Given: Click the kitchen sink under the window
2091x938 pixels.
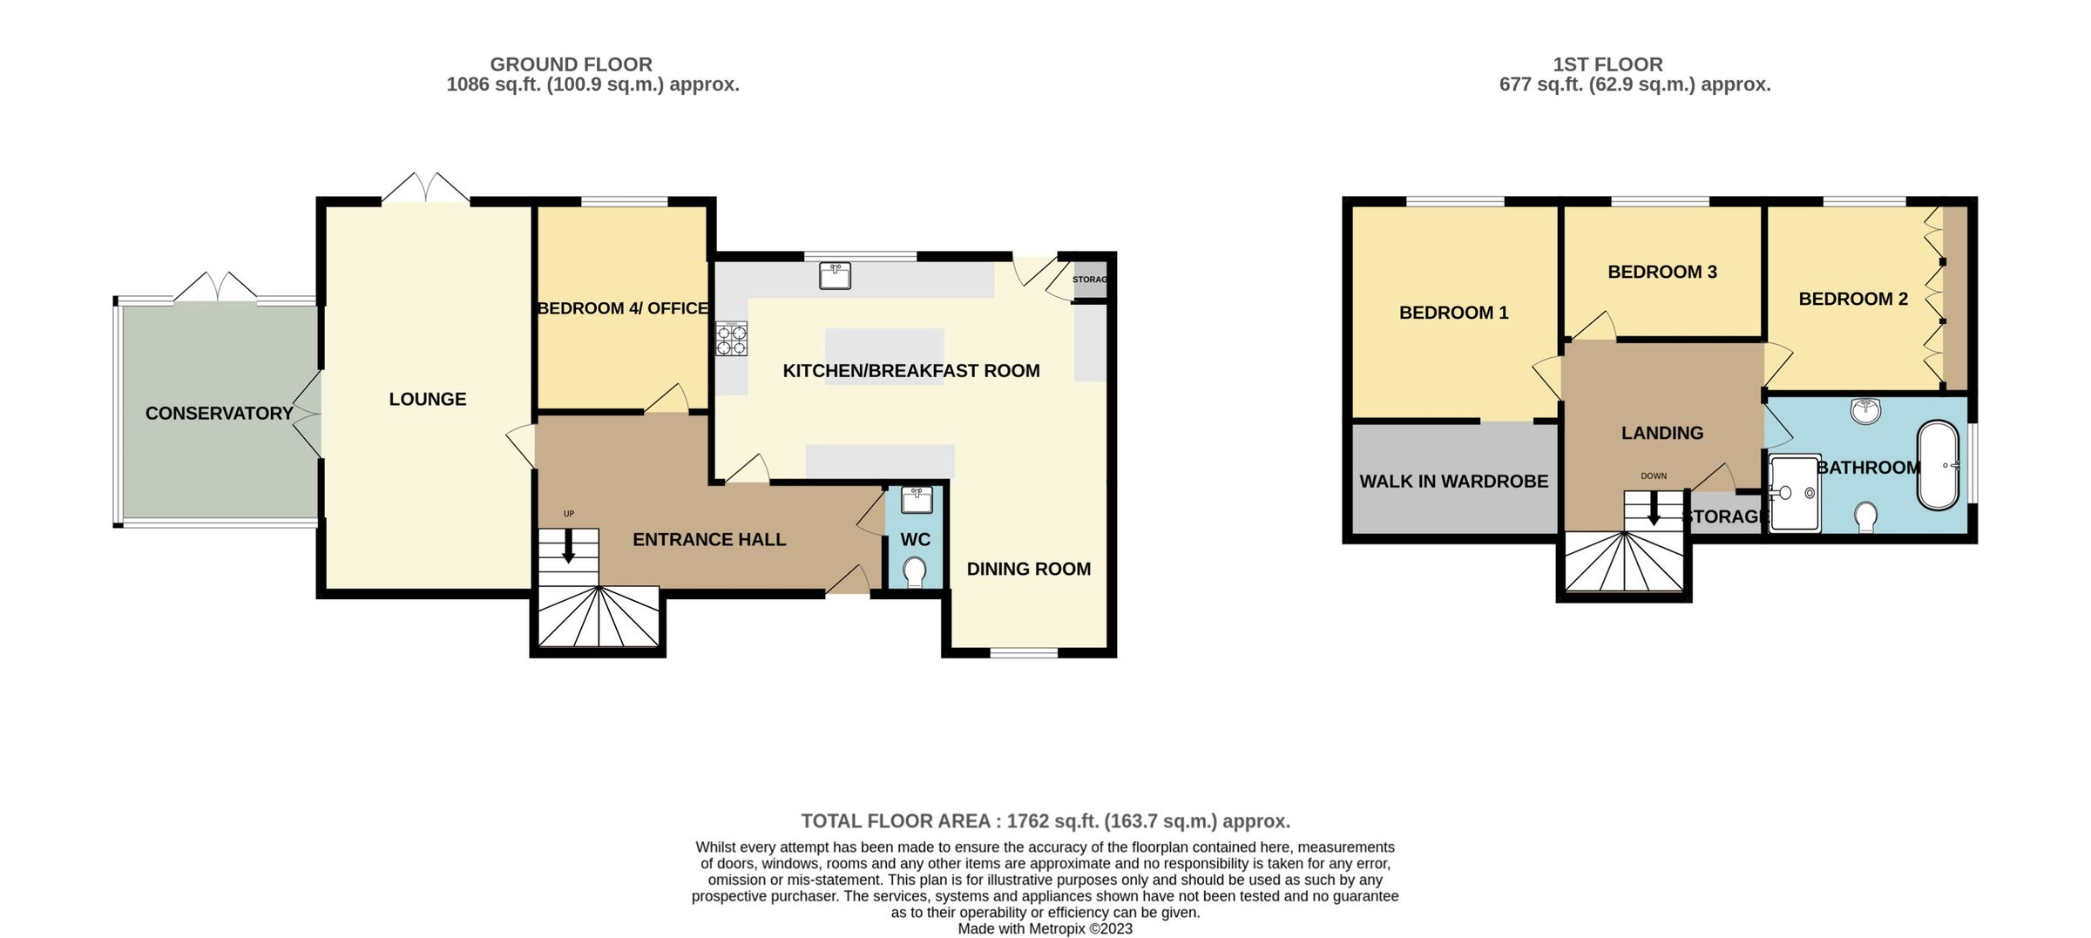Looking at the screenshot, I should pyautogui.click(x=835, y=276).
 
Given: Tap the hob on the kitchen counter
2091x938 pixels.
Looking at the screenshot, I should pyautogui.click(x=731, y=339).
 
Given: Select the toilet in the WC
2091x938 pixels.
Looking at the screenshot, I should pyautogui.click(x=915, y=572).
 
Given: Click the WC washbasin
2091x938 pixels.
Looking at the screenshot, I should pyautogui.click(x=917, y=500).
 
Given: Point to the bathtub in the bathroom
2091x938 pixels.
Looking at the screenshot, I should pyautogui.click(x=1938, y=465).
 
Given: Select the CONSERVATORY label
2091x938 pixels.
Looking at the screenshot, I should pyautogui.click(x=219, y=414).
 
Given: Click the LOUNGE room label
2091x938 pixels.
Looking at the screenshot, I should pyautogui.click(x=427, y=399).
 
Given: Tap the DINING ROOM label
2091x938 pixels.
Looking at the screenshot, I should pyautogui.click(x=1028, y=569).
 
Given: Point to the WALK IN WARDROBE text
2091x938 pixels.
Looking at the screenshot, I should pyautogui.click(x=1453, y=481).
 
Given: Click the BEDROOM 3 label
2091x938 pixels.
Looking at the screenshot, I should pyautogui.click(x=1661, y=272).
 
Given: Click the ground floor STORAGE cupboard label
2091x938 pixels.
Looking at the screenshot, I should pyautogui.click(x=1089, y=280).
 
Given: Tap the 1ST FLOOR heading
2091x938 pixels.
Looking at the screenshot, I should pyautogui.click(x=1607, y=64).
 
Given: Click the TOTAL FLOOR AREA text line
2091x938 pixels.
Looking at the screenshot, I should pyautogui.click(x=1045, y=821).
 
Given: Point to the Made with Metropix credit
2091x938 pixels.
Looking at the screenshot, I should pyautogui.click(x=1045, y=928).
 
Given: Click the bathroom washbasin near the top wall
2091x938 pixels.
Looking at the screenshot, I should pyautogui.click(x=1865, y=411).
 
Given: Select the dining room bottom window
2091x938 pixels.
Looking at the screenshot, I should pyautogui.click(x=1025, y=652).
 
